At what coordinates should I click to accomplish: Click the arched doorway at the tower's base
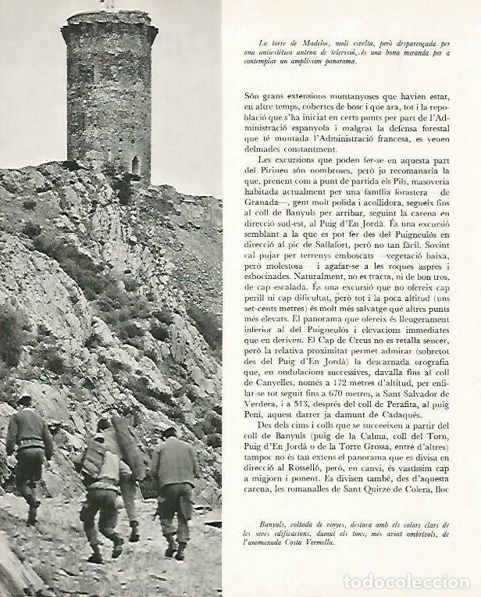tap(135, 165)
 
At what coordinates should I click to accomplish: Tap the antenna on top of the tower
tap(110, 5)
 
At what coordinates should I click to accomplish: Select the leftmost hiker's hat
tap(25, 401)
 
